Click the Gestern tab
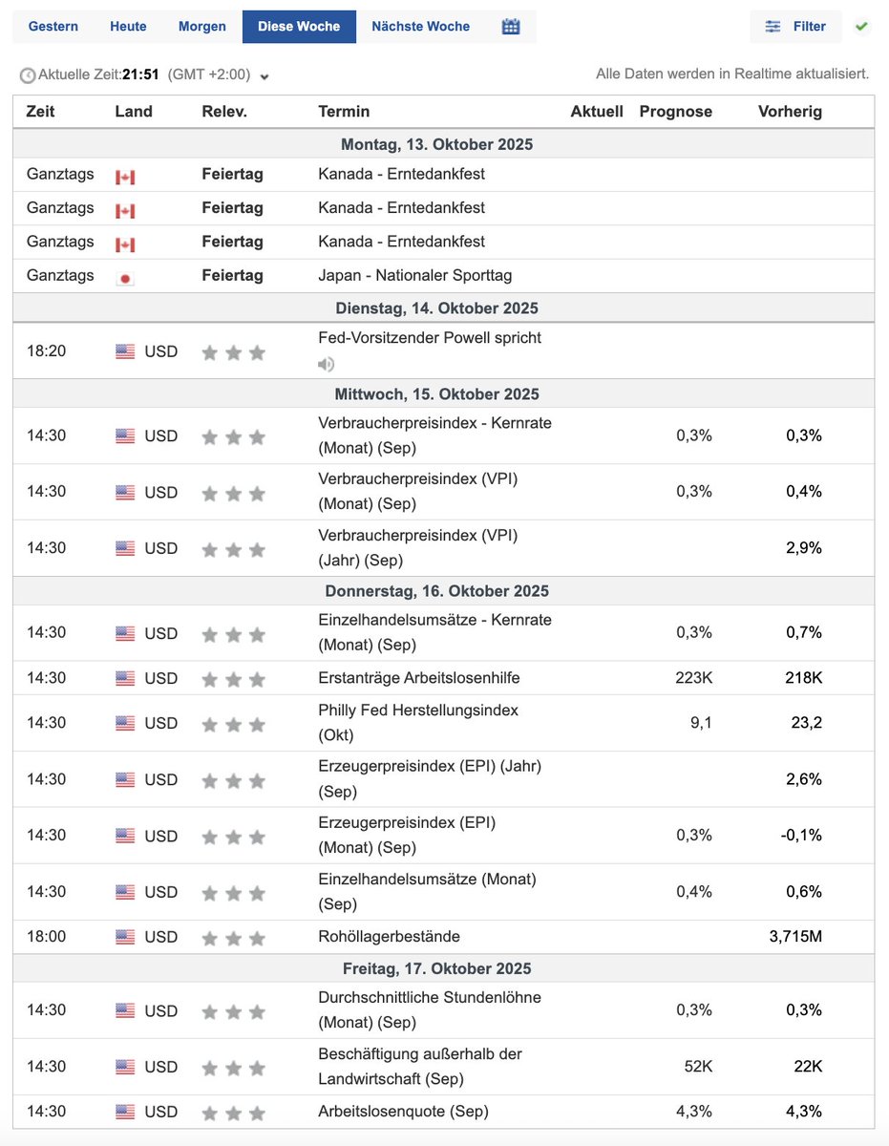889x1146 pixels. point(53,27)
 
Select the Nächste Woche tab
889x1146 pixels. point(420,27)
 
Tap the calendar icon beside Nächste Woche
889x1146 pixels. point(511,27)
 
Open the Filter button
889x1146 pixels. point(795,27)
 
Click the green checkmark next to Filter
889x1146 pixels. point(861,27)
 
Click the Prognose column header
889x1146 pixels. point(675,112)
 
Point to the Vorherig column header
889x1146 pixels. point(790,112)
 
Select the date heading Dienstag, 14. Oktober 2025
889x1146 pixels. point(436,308)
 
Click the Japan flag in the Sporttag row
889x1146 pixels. point(125,277)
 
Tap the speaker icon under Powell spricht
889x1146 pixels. point(327,364)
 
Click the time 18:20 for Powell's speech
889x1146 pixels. point(47,351)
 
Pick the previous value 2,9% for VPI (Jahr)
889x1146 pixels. point(803,548)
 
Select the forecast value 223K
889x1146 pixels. point(693,678)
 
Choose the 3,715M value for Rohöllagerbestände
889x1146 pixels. point(795,937)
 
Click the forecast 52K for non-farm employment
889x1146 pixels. point(697,1067)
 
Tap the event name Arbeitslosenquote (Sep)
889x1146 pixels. point(403,1112)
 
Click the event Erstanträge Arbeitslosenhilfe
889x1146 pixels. point(419,678)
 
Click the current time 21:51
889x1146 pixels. point(140,74)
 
